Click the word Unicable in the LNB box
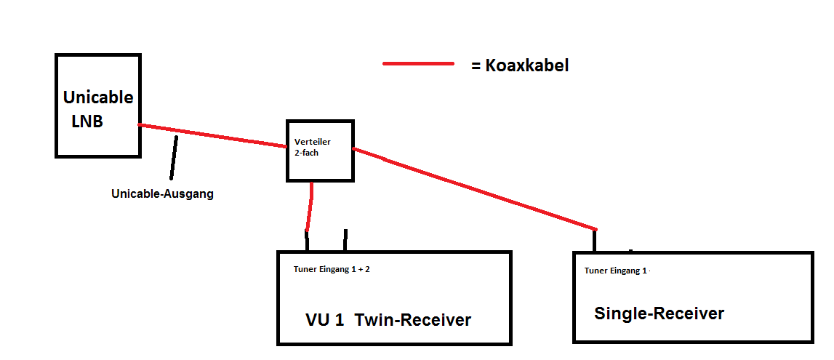point(98,97)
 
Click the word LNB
point(87,121)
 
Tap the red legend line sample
point(418,64)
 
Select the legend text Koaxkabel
point(526,65)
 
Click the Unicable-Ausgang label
point(162,194)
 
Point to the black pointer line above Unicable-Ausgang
point(173,157)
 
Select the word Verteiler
point(313,142)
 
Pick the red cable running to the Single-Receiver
point(473,188)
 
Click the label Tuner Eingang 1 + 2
point(332,269)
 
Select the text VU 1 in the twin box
point(324,320)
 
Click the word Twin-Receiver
point(413,320)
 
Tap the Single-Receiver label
point(659,313)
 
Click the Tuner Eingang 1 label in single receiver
point(615,271)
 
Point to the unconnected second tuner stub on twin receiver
point(345,240)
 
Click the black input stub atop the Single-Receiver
point(595,240)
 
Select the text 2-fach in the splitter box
point(308,153)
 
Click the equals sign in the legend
point(476,66)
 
